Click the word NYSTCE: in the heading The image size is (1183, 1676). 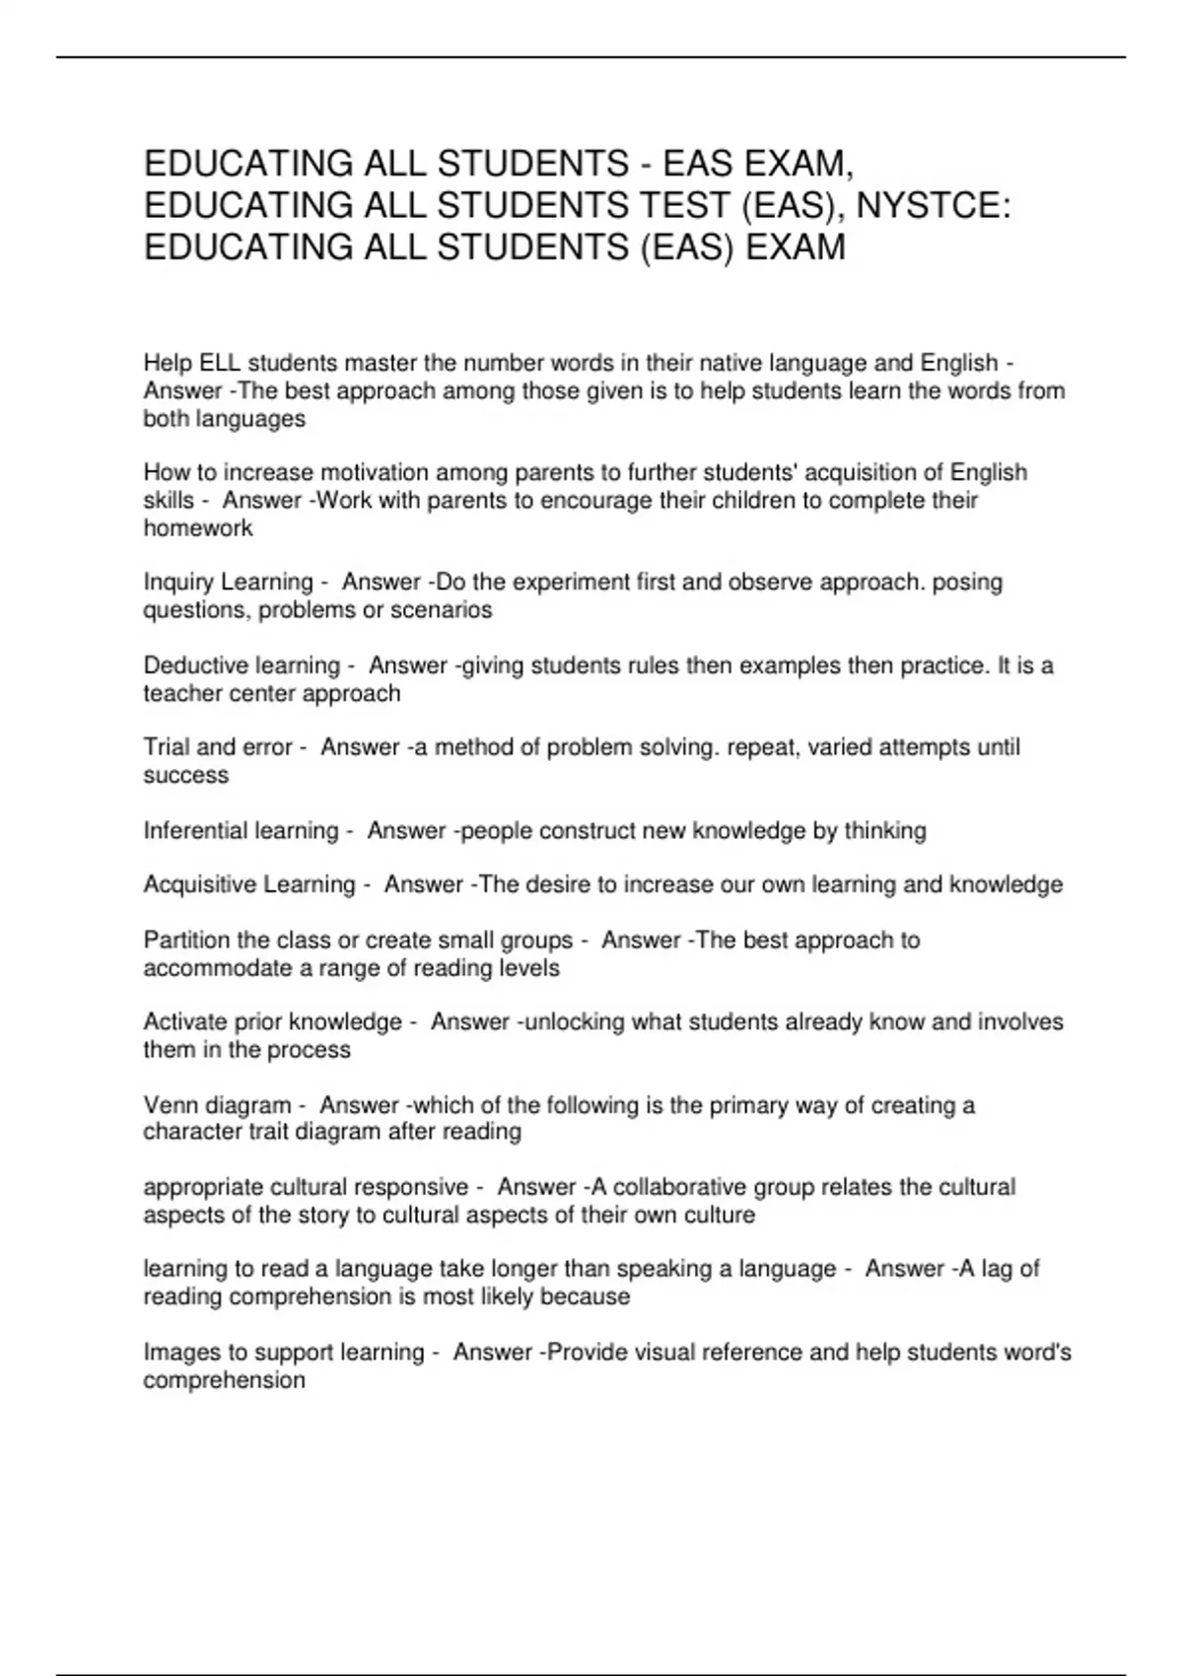(934, 205)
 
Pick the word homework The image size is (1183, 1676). (198, 528)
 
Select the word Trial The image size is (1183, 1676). (167, 748)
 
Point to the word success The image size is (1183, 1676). (185, 776)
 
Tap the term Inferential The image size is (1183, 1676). (191, 831)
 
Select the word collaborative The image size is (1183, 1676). (681, 1187)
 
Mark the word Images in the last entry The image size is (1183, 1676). (177, 1353)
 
